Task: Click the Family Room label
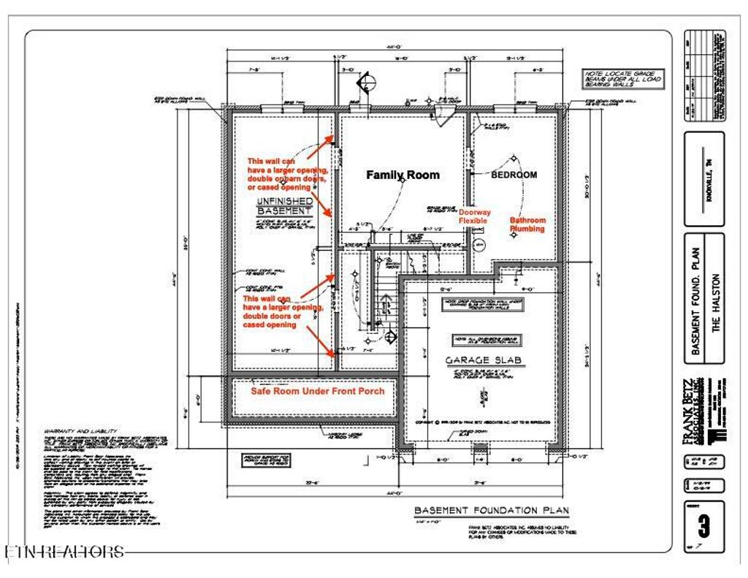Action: coord(402,175)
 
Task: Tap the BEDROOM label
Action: coord(514,175)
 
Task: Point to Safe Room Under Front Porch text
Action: coord(318,391)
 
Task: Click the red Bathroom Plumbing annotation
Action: coord(527,224)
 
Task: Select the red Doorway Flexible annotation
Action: coord(474,216)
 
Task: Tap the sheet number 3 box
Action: coord(704,525)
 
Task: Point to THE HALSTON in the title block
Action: coord(716,303)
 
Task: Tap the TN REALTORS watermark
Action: coord(64,552)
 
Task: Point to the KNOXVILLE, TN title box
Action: coord(704,178)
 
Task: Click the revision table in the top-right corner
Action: coord(704,76)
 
